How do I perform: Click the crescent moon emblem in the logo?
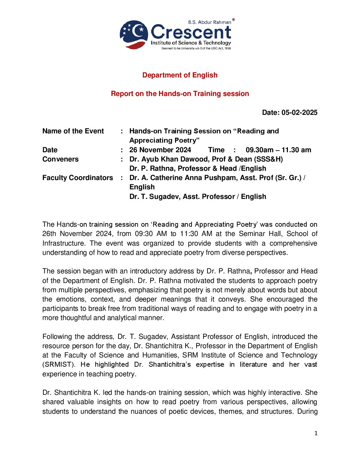pyautogui.click(x=134, y=34)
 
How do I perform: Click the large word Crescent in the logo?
pyautogui.click(x=191, y=32)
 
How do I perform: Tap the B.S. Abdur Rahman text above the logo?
pyautogui.click(x=209, y=22)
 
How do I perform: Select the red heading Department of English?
pyautogui.click(x=180, y=75)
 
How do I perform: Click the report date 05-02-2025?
pyautogui.click(x=299, y=113)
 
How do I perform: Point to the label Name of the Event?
pyautogui.click(x=73, y=131)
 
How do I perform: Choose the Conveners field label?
pyautogui.click(x=61, y=159)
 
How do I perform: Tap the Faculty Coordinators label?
pyautogui.click(x=78, y=178)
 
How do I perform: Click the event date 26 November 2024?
pyautogui.click(x=160, y=150)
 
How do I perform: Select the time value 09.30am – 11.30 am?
pyautogui.click(x=278, y=150)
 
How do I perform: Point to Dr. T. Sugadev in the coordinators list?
pyautogui.click(x=155, y=197)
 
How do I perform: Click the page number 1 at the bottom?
pyautogui.click(x=316, y=433)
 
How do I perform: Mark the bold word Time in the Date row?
pyautogui.click(x=216, y=150)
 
